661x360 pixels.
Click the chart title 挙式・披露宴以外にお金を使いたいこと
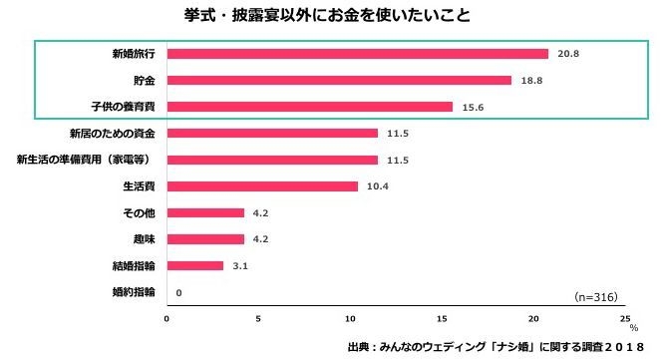pos(329,16)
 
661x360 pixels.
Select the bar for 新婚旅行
pos(357,54)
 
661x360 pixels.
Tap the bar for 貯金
pos(339,80)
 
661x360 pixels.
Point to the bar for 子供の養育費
pos(309,107)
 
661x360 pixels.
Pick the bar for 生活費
pos(262,186)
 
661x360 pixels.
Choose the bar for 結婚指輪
pos(194,265)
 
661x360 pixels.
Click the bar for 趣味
pos(205,239)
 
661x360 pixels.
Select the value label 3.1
pos(239,265)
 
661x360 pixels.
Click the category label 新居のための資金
pos(112,133)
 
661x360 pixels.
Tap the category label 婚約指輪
pos(134,292)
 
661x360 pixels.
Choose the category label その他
pos(139,212)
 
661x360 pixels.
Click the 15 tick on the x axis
pos(442,320)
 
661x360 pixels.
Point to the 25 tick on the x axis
pos(625,320)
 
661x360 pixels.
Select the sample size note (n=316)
pos(596,297)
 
